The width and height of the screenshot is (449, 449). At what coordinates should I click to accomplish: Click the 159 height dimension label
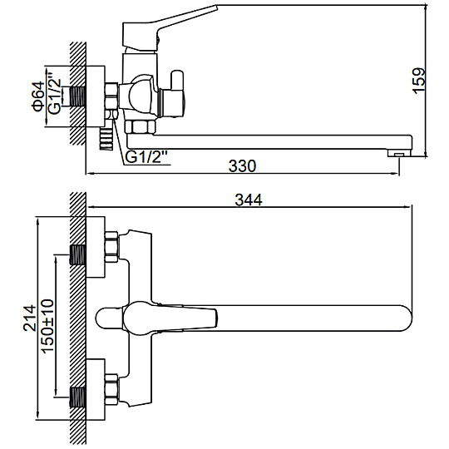(x=418, y=81)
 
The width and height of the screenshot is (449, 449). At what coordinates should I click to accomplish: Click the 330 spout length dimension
(x=242, y=166)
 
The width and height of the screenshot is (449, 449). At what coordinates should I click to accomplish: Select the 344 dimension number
(x=249, y=200)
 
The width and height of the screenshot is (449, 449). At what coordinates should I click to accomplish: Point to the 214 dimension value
(x=30, y=318)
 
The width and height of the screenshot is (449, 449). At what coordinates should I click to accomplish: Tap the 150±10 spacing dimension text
(x=47, y=326)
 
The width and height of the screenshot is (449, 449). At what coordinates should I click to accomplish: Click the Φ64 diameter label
(x=38, y=96)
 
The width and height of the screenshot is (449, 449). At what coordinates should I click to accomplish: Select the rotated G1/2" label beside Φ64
(x=55, y=93)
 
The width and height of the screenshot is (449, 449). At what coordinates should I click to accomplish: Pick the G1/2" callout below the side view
(x=146, y=157)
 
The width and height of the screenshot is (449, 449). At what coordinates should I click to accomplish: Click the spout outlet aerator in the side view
(x=399, y=153)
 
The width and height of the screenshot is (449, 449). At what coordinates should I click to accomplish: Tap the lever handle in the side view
(x=169, y=27)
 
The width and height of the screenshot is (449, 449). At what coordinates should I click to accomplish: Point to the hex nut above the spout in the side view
(x=140, y=127)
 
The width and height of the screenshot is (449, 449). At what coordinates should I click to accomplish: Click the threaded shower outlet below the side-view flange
(x=106, y=139)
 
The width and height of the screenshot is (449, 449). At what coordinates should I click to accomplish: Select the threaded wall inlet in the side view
(x=77, y=96)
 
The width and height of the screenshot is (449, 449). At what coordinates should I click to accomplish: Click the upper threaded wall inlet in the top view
(x=77, y=254)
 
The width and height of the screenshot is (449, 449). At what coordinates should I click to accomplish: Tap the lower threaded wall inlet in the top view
(x=77, y=397)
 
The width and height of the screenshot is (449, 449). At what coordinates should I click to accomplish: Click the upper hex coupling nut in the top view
(x=111, y=247)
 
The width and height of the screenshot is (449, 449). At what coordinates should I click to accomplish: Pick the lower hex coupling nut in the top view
(x=111, y=389)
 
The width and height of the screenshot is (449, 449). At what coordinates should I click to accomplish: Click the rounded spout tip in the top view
(x=405, y=318)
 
